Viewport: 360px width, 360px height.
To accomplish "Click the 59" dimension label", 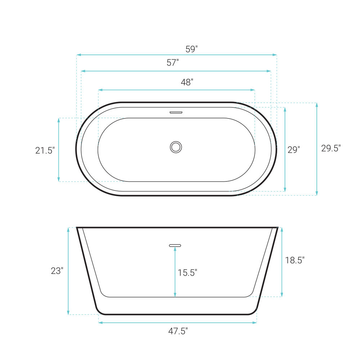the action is tap(192, 49).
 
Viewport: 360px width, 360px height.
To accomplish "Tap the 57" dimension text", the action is tap(173, 62).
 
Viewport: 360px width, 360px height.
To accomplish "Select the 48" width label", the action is tap(187, 82).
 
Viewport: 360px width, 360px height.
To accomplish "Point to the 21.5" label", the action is tap(45, 150).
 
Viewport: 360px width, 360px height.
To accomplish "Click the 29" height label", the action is tap(294, 150).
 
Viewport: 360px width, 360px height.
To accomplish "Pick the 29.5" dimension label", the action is tap(331, 148).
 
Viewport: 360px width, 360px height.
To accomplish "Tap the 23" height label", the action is tap(57, 271).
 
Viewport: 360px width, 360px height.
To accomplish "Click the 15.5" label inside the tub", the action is tap(187, 273).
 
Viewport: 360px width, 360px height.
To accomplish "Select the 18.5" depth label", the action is tap(295, 260).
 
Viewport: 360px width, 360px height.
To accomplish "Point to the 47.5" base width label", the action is tap(178, 331).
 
